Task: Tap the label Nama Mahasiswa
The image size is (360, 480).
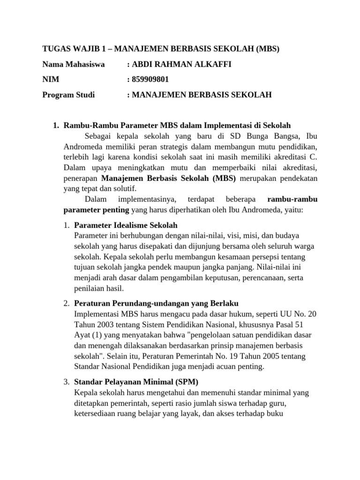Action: [x=74, y=64]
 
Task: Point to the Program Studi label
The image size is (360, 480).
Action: [x=68, y=95]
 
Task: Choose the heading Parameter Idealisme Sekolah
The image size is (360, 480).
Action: [x=126, y=225]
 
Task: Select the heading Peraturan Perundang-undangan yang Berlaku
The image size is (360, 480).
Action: [x=157, y=303]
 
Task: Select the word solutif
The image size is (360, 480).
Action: [x=122, y=188]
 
